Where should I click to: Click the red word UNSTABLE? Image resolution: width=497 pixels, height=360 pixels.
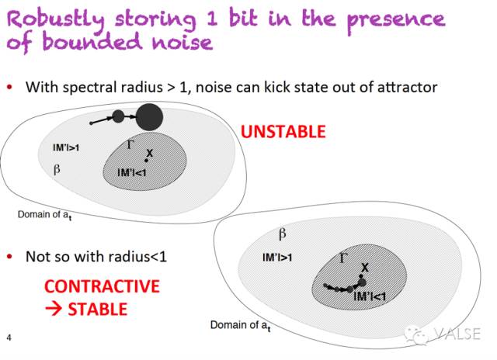pyautogui.click(x=283, y=131)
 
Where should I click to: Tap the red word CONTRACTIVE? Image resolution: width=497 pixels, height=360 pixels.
pyautogui.click(x=102, y=286)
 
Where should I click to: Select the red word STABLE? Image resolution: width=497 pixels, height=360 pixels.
pyautogui.click(x=96, y=309)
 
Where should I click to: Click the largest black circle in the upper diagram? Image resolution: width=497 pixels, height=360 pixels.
pyautogui.click(x=149, y=117)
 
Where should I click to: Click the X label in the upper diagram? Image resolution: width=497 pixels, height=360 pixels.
pyautogui.click(x=149, y=154)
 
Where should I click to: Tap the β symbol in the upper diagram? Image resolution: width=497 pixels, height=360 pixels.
pyautogui.click(x=57, y=168)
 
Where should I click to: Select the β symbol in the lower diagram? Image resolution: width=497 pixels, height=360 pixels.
pyautogui.click(x=282, y=233)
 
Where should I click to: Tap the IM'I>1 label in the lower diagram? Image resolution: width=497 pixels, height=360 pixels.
pyautogui.click(x=277, y=257)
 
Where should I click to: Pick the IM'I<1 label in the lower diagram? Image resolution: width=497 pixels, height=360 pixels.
pyautogui.click(x=370, y=296)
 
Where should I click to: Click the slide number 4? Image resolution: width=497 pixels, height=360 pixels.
pyautogui.click(x=9, y=337)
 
